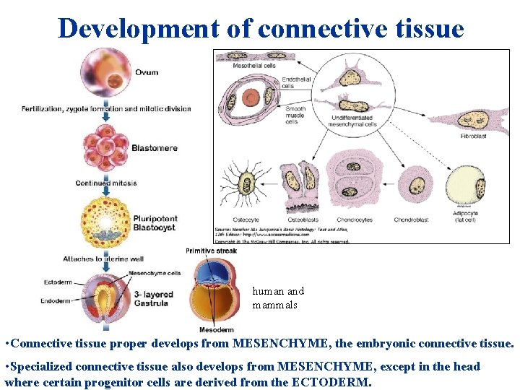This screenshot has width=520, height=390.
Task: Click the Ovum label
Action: pyautogui.click(x=147, y=72)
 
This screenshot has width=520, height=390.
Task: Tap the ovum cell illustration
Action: pyautogui.click(x=106, y=72)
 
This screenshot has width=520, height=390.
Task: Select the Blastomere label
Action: pyautogui.click(x=155, y=148)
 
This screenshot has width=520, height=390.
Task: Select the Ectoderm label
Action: pyautogui.click(x=58, y=282)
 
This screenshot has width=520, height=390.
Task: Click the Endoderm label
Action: pyautogui.click(x=56, y=300)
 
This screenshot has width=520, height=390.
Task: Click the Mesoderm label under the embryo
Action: pyautogui.click(x=217, y=329)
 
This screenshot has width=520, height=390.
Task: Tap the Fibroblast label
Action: pyautogui.click(x=474, y=136)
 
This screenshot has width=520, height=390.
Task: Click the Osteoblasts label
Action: pyautogui.click(x=302, y=220)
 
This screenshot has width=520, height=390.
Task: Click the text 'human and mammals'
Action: pyautogui.click(x=278, y=298)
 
